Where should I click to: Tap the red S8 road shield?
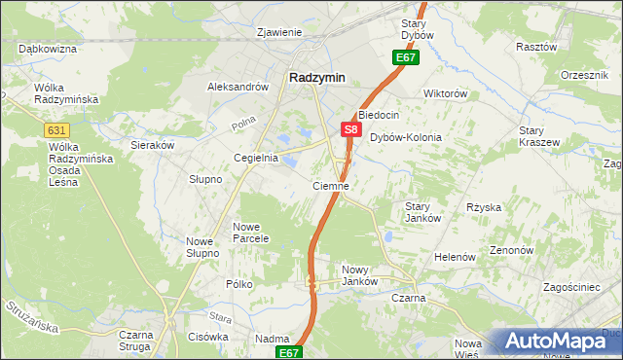pyautogui.click(x=351, y=128)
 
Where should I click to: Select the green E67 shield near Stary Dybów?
pyautogui.click(x=406, y=58)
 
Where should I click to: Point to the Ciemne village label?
pyautogui.click(x=331, y=185)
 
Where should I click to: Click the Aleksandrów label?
pyautogui.click(x=238, y=87)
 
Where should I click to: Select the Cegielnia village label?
pyautogui.click(x=256, y=158)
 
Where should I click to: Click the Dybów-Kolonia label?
pyautogui.click(x=406, y=137)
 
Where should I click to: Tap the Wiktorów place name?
pyautogui.click(x=446, y=94)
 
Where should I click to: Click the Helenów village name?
pyautogui.click(x=455, y=257)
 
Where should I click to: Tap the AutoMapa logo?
pyautogui.click(x=561, y=341)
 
